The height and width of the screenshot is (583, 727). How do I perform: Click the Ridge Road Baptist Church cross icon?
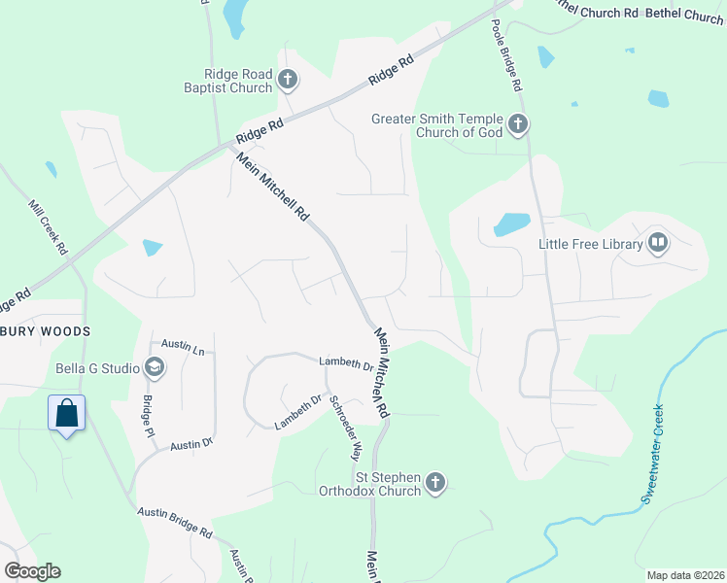(x=287, y=79)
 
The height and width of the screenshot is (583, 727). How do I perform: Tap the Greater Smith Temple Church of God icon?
(x=518, y=124)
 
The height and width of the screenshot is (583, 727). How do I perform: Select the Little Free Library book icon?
(x=658, y=243)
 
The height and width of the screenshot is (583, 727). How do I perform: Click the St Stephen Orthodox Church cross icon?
(x=435, y=482)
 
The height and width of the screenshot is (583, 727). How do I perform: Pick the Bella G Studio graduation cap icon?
(x=154, y=367)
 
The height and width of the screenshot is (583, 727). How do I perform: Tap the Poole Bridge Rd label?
(x=508, y=53)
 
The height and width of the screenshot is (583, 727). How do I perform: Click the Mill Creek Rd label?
(x=48, y=229)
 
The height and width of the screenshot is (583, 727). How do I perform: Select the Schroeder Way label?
(x=344, y=427)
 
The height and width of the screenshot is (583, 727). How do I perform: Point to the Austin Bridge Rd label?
(x=175, y=522)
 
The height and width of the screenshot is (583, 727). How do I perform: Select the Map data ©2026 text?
(x=684, y=575)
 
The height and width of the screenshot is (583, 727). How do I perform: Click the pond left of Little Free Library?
(x=511, y=224)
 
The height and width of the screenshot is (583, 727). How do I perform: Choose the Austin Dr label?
(x=190, y=444)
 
